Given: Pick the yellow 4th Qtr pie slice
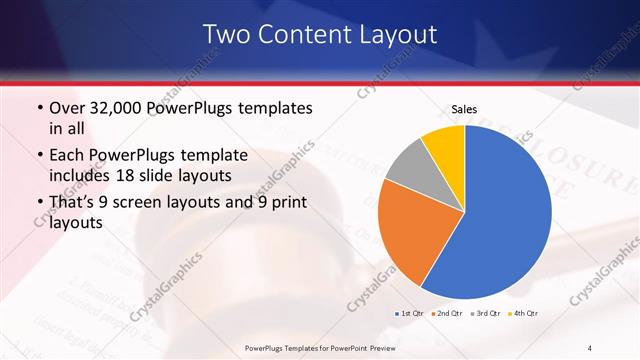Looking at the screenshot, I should (443, 145).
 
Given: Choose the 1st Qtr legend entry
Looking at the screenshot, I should (409, 314).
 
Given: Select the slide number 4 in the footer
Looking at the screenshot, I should (590, 347).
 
